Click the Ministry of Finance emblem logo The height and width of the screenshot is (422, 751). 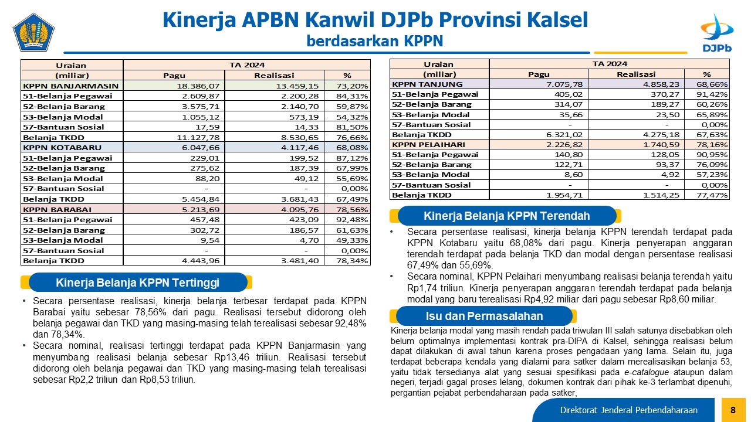tap(33, 32)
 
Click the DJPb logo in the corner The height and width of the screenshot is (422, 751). tap(717, 33)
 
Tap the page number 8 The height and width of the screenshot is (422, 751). tap(733, 410)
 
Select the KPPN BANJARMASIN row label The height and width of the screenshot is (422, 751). tap(71, 86)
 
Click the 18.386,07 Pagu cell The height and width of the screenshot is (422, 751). tap(198, 86)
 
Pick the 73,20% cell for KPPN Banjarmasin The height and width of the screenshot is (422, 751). tap(352, 86)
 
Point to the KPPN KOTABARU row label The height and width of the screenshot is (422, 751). tap(62, 147)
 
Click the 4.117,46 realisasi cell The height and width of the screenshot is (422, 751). tap(300, 147)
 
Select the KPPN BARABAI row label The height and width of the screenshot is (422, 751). tap(57, 209)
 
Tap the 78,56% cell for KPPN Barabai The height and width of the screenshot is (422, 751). tap(352, 209)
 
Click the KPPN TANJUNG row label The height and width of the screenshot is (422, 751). tap(427, 84)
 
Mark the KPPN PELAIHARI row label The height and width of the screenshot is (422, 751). tap(428, 144)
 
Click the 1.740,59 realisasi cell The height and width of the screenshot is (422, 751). tap(661, 144)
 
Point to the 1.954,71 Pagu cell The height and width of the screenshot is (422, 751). tap(564, 195)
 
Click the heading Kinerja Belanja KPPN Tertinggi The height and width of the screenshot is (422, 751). tap(137, 283)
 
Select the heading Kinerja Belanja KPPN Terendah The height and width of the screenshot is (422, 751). tap(506, 216)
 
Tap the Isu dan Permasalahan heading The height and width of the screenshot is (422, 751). tap(484, 316)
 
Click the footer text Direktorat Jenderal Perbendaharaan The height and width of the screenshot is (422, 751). tap(628, 410)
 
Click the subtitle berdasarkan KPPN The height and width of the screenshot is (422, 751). tap(375, 41)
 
